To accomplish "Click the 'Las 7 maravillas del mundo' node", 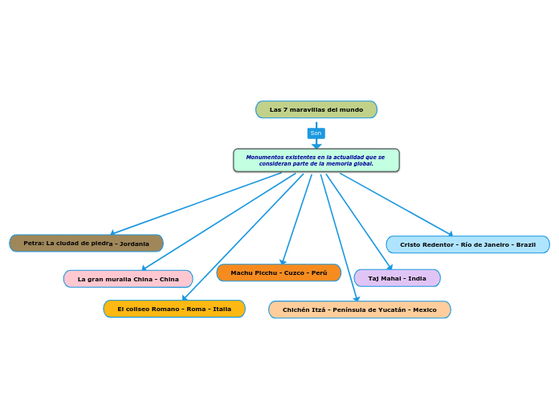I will click(316, 109).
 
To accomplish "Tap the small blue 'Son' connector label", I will click(316, 133).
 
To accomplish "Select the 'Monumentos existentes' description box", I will click(316, 160).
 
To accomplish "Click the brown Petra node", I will click(86, 243).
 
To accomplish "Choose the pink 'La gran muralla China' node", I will click(128, 279).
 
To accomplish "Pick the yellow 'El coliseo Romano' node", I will click(173, 309).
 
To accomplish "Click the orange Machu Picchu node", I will click(279, 273).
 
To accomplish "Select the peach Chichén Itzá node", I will click(359, 309).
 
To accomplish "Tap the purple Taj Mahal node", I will click(397, 278).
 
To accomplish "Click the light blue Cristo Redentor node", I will click(467, 244).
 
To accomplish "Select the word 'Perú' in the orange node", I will click(319, 273).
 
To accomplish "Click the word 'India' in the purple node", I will click(416, 278).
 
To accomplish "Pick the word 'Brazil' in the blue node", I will click(525, 244).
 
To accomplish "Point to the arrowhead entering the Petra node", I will click(112, 233).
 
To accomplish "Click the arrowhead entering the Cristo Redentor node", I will click(451, 234).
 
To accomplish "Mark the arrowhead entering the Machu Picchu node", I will click(282, 261).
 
